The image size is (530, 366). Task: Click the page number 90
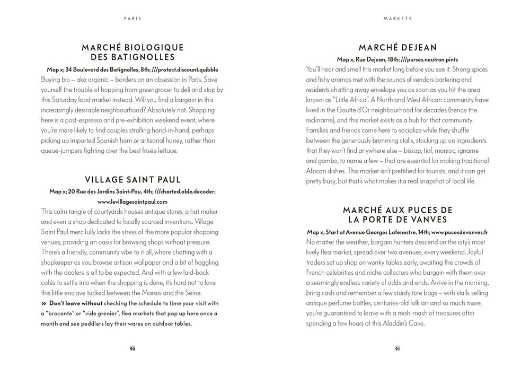coord(132,348)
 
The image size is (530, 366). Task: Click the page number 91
coord(397,348)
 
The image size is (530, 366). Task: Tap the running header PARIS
coord(132,18)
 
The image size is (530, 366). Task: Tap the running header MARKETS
coord(397,18)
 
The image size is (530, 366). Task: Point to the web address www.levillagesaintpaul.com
coord(132,202)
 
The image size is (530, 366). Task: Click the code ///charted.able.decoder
coord(185,191)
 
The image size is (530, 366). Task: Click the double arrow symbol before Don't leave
coord(43,303)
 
